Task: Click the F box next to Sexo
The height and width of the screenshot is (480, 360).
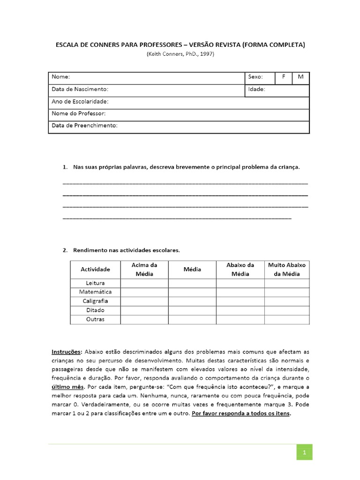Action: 283,77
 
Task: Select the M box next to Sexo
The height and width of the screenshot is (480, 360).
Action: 300,77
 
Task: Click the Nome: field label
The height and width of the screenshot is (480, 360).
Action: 60,77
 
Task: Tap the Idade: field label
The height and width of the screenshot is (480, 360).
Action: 256,89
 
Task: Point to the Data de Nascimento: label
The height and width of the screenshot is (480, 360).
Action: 80,89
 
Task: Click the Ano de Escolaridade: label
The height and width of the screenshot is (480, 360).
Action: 80,101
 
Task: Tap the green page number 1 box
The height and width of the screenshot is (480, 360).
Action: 304,452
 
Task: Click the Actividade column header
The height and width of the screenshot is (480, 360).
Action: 95,269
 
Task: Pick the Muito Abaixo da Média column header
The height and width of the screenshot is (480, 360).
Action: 286,269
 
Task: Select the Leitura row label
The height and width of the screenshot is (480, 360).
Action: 95,283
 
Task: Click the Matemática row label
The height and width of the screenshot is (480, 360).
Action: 95,292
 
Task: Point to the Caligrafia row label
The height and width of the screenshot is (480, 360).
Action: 95,301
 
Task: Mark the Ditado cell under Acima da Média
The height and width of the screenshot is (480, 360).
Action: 144,310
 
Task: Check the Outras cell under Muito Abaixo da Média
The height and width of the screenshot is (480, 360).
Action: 286,319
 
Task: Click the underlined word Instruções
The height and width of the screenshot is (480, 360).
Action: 66,351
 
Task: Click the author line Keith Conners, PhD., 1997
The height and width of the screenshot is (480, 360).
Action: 180,54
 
